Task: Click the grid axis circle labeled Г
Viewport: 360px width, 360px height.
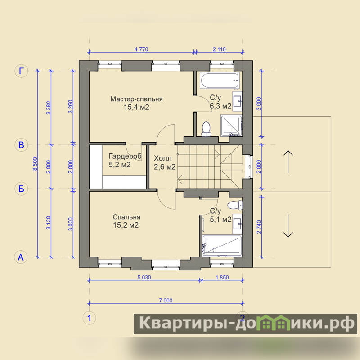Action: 21,71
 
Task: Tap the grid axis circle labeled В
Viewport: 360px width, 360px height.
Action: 21,145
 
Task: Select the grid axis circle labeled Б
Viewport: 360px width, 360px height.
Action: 21,189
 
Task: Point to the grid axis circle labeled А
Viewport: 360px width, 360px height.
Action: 21,257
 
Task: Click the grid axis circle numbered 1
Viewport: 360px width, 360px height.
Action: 89,318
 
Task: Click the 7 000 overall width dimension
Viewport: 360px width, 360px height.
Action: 166,301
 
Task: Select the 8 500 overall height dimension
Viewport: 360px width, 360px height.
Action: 35,164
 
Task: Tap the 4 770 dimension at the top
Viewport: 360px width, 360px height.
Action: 141,49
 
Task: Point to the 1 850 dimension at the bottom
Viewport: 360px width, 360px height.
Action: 222,277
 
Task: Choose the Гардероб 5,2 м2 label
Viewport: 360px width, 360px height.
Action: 125,160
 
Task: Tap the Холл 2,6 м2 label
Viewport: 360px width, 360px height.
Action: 165,162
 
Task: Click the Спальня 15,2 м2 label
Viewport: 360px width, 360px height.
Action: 126,221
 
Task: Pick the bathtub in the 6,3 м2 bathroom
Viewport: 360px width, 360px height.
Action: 220,81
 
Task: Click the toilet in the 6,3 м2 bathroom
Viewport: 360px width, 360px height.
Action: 206,129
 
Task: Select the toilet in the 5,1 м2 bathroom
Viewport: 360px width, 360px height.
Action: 235,205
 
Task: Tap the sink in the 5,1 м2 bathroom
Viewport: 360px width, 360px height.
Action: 237,222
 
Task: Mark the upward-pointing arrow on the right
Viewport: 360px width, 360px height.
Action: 288,162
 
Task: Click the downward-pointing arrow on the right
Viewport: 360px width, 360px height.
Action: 288,226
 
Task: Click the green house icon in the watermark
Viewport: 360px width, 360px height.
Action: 273,324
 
